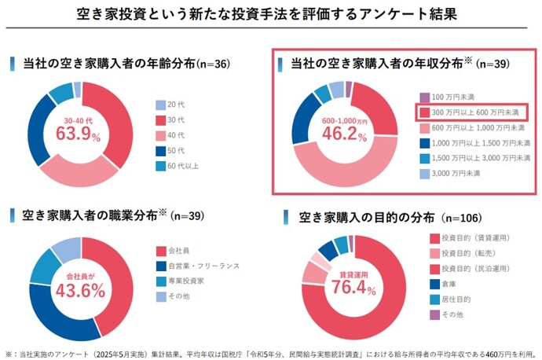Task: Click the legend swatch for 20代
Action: (x=160, y=105)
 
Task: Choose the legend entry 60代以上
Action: (x=178, y=165)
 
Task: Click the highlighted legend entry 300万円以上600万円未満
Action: (x=470, y=112)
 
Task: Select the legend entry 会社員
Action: (x=178, y=251)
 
